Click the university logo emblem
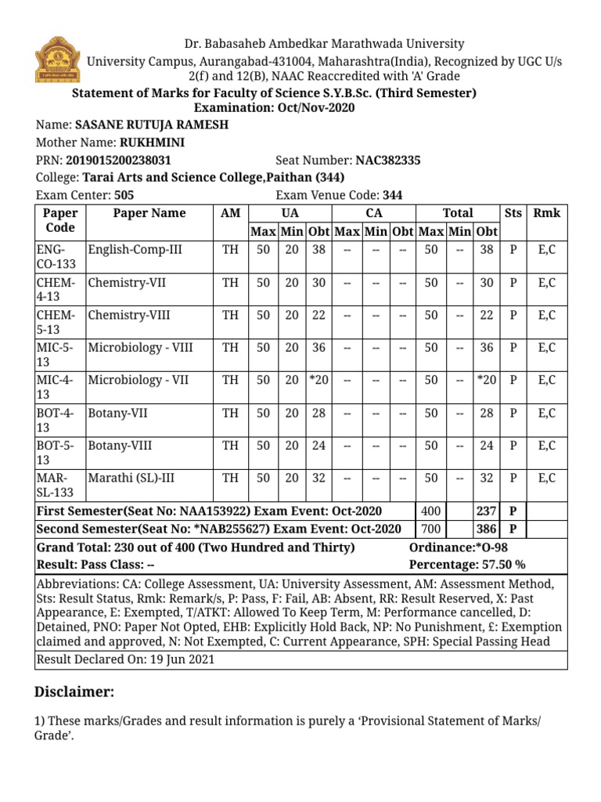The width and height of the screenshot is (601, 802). click(x=56, y=60)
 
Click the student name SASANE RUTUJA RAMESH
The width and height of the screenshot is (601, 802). click(x=151, y=125)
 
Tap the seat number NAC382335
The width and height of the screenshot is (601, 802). click(x=387, y=161)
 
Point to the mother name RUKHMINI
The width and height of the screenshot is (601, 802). click(x=152, y=143)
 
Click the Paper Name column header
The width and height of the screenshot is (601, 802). click(x=149, y=213)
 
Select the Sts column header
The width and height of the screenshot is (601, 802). click(x=513, y=213)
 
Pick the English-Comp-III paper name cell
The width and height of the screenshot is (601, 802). click(x=135, y=250)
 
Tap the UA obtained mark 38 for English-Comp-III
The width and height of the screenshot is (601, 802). click(x=318, y=250)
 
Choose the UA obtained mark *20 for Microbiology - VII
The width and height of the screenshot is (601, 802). click(x=318, y=380)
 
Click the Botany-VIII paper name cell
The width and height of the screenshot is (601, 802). click(x=120, y=446)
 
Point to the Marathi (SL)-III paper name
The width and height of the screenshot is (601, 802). click(x=131, y=478)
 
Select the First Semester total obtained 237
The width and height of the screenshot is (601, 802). click(x=487, y=511)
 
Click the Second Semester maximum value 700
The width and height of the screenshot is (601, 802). click(x=431, y=529)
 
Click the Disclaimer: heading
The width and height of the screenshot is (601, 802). click(x=74, y=692)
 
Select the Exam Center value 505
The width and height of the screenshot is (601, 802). click(x=124, y=196)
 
